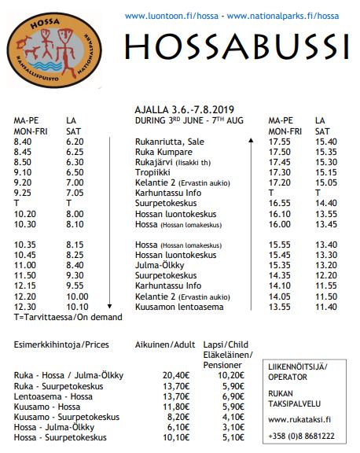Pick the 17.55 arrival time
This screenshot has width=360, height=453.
click(x=279, y=141)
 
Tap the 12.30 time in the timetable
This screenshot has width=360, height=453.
click(x=24, y=306)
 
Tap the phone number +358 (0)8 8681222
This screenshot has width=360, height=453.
click(x=302, y=434)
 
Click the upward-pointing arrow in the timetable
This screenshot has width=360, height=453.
click(x=251, y=142)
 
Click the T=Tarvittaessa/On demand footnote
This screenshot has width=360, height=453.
click(x=68, y=316)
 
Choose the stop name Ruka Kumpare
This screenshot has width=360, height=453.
click(x=161, y=151)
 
